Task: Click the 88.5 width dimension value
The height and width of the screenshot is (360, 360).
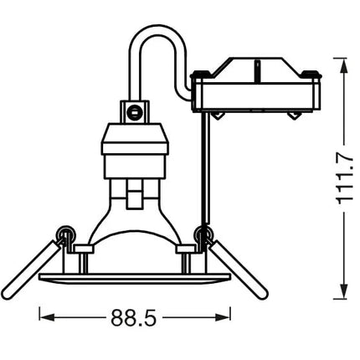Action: (x=133, y=317)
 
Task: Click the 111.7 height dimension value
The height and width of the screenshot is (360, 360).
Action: (x=345, y=180)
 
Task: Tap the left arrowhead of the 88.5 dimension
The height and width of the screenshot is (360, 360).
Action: (x=47, y=317)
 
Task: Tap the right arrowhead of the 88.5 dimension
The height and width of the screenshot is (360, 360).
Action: (x=223, y=317)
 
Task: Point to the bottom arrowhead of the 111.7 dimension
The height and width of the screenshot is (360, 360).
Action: (x=345, y=291)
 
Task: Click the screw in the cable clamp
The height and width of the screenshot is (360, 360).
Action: (x=134, y=112)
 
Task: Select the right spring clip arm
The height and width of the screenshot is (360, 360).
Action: (x=239, y=270)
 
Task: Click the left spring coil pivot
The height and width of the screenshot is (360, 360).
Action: (x=65, y=234)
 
